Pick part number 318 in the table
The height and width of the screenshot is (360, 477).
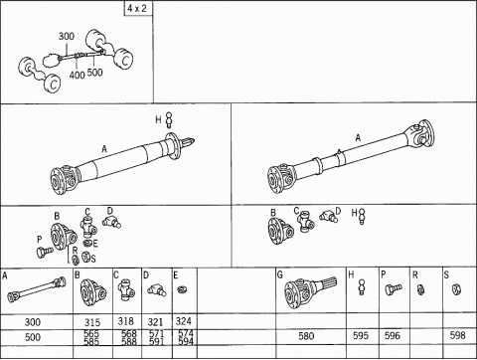coord(126,320)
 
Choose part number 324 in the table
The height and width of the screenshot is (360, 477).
coord(184,320)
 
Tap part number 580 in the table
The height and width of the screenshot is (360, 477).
coord(308,335)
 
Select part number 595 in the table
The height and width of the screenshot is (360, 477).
coord(361,335)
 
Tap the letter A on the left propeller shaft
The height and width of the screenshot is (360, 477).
coord(102,150)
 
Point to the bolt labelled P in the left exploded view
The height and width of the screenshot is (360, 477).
coord(41,253)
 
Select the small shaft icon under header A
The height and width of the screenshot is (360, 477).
coord(34,294)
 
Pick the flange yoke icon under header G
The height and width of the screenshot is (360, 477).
coord(308,293)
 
